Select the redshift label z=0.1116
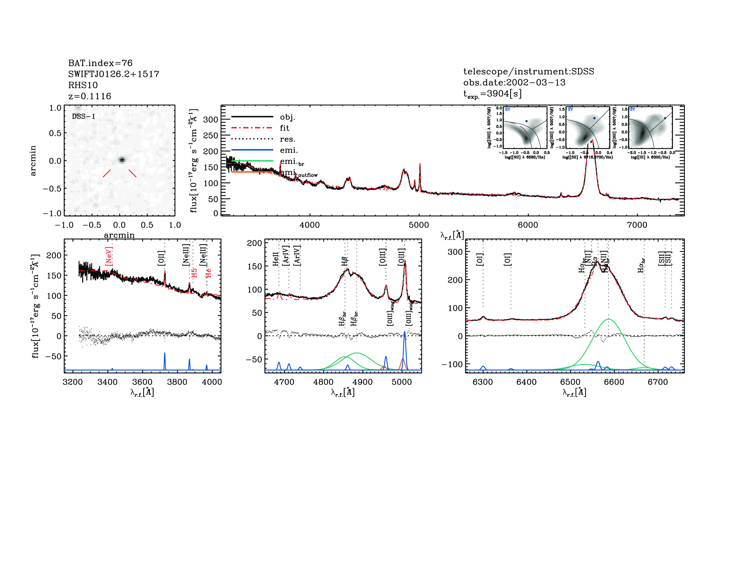tap(90, 96)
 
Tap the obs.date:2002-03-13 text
tap(514, 82)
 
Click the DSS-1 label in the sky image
tap(84, 117)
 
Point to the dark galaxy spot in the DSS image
tap(122, 160)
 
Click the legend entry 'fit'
tap(284, 128)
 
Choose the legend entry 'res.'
tap(287, 139)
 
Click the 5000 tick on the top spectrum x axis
tap(419, 225)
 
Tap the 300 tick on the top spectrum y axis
tap(211, 119)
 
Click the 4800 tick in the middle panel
tap(323, 382)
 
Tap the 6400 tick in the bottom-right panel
tap(526, 382)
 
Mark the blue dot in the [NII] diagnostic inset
tap(526, 121)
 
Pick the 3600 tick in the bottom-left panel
tap(142, 382)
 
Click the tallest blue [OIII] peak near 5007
tap(404, 332)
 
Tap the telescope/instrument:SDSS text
tap(528, 71)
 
